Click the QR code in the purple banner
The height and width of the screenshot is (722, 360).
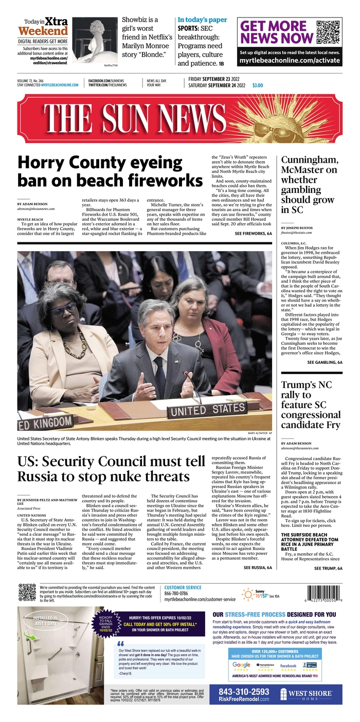tap(329, 32)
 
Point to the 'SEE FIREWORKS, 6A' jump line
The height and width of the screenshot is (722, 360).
tap(253, 233)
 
